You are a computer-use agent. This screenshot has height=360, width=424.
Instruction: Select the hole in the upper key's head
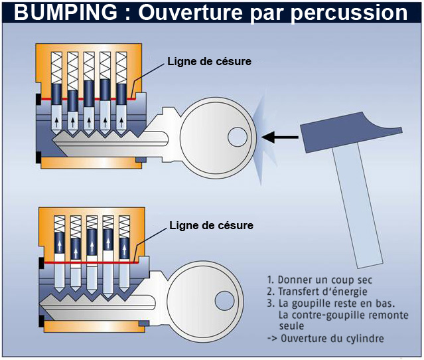pyautogui.click(x=237, y=137)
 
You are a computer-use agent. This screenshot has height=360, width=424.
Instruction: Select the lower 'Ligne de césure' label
pyautogui.click(x=212, y=226)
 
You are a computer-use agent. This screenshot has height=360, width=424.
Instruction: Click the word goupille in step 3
pyautogui.click(x=311, y=304)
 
